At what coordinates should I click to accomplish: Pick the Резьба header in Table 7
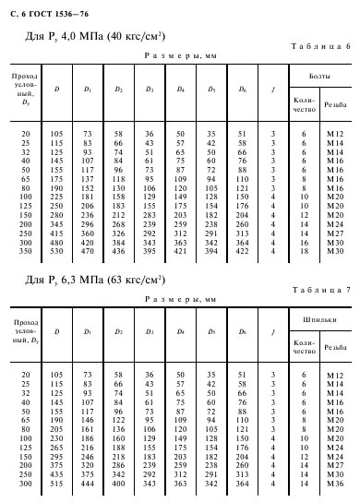click(335, 345)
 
